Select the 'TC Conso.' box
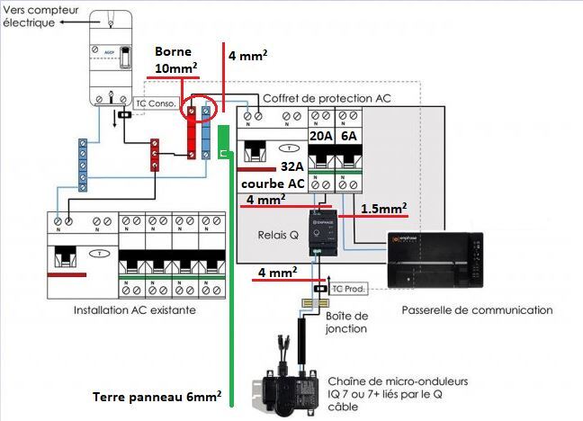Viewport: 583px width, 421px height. [x=154, y=103]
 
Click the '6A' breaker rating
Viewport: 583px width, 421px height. [x=347, y=135]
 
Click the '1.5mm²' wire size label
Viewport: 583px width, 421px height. [x=384, y=208]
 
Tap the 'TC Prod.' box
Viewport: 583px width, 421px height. [x=351, y=289]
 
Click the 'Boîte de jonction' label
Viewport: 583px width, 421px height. [x=346, y=322]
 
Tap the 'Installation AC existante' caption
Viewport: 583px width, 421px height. [x=135, y=310]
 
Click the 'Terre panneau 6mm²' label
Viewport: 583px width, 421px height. [x=157, y=396]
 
